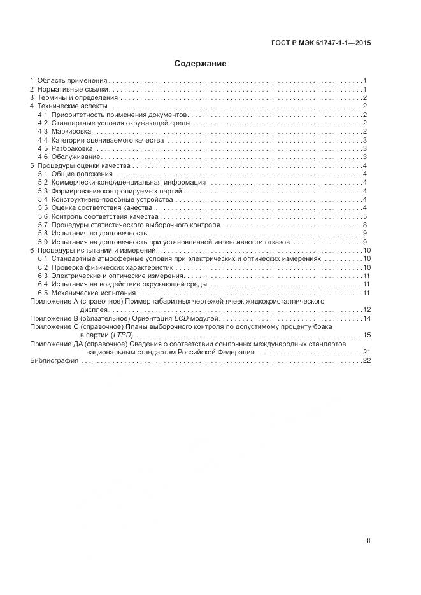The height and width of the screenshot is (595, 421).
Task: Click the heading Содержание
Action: point(201,64)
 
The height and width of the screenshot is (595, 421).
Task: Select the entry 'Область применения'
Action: point(72,81)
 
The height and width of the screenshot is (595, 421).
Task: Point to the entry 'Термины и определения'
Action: point(78,98)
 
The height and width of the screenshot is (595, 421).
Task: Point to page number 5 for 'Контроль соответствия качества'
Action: point(364,216)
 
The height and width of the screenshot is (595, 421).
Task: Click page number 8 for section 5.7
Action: point(364,225)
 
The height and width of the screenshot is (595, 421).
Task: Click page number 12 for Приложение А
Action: point(366,309)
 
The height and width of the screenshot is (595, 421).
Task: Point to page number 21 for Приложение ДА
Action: point(366,352)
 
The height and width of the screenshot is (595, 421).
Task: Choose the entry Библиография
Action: point(54,360)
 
